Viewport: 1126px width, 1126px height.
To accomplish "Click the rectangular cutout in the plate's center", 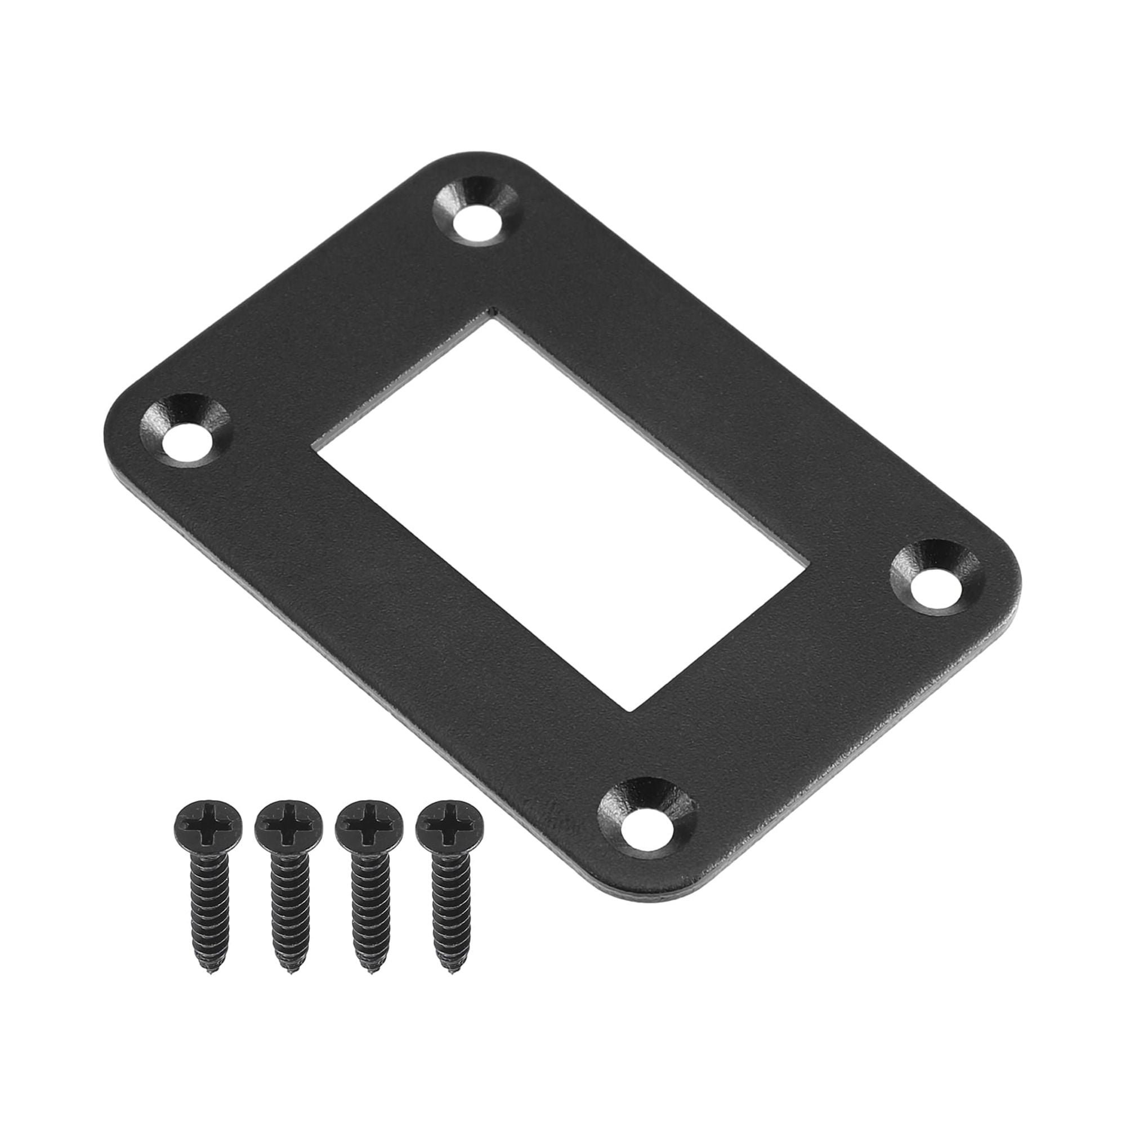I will click(560, 513).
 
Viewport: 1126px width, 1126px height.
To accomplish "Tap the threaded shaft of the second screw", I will click(289, 909).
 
